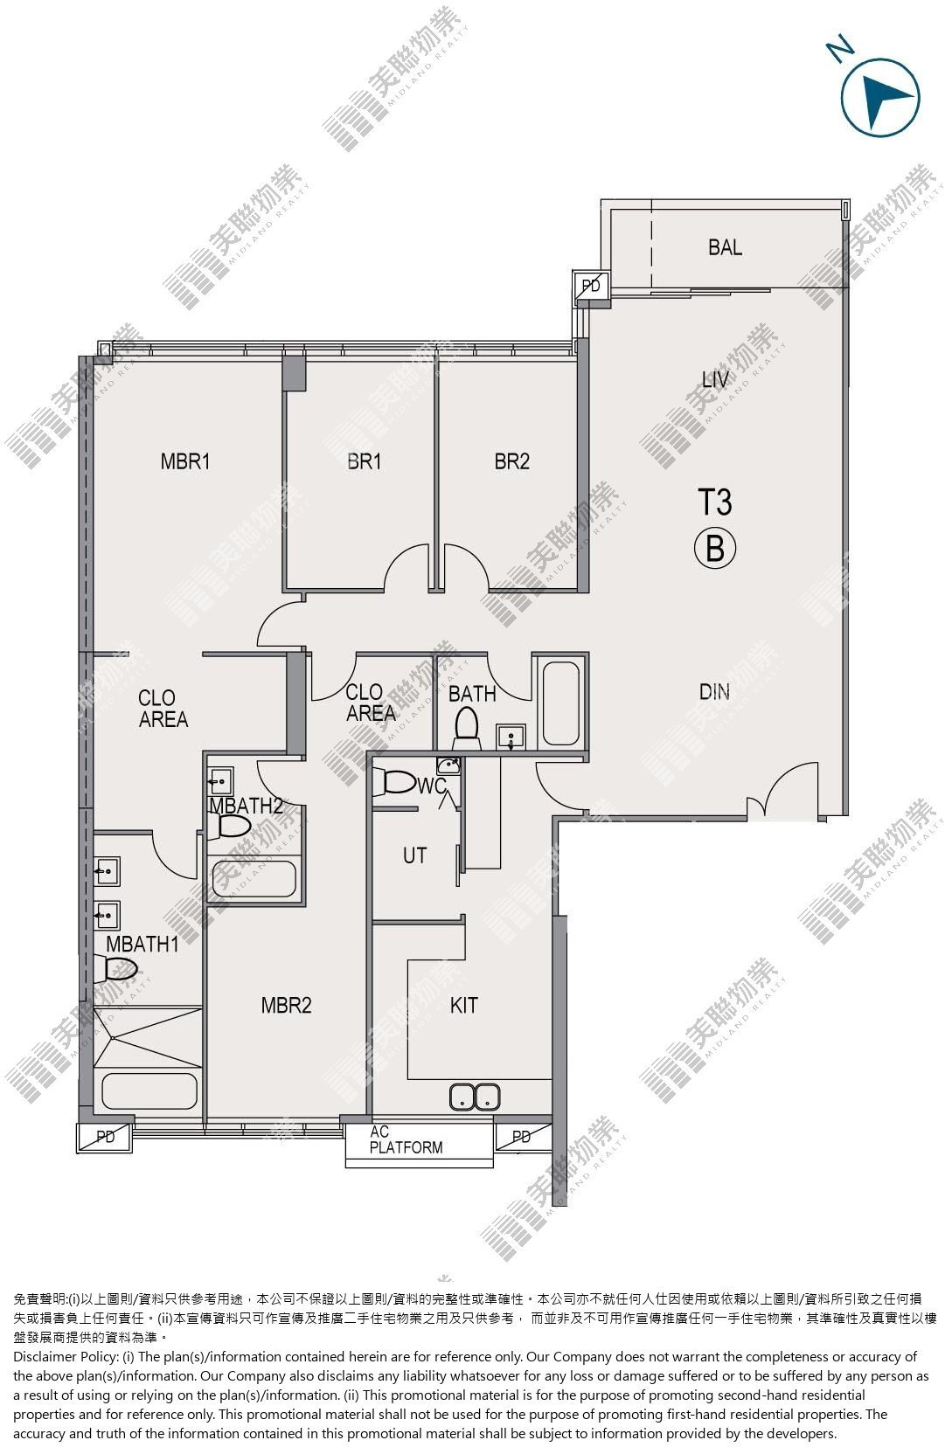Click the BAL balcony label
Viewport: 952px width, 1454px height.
725,247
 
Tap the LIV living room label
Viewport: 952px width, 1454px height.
715,379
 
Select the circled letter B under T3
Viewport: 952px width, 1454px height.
715,549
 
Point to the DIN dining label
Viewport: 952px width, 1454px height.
714,692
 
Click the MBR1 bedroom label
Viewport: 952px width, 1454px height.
185,461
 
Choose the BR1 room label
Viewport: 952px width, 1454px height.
365,461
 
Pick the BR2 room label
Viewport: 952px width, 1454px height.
511,461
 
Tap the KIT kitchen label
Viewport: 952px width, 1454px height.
463,1006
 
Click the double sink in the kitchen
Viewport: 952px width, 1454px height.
475,1097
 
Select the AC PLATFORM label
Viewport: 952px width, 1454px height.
406,1140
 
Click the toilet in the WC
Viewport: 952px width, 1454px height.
398,782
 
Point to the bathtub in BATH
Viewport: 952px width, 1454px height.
560,703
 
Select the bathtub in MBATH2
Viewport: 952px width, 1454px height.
254,878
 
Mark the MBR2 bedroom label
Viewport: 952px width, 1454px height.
287,1006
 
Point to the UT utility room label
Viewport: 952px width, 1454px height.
415,855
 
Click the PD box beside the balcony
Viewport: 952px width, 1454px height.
591,287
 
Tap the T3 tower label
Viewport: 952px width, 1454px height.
714,502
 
